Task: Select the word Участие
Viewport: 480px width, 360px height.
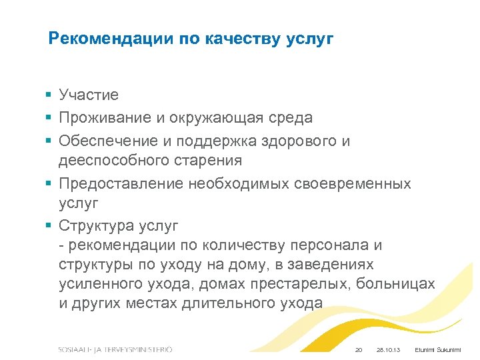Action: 88,96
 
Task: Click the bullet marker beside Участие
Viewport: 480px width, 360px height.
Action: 50,96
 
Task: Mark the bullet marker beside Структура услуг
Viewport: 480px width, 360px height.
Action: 50,224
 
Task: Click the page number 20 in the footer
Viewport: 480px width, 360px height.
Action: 358,350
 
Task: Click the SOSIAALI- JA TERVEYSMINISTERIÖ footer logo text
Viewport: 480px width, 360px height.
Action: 115,349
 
